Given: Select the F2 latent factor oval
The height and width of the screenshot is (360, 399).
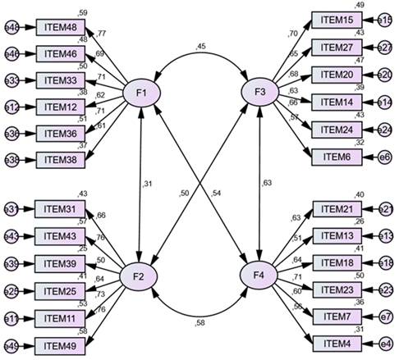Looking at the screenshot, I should coord(140,276).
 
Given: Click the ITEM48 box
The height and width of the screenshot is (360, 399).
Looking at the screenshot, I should coord(61,29).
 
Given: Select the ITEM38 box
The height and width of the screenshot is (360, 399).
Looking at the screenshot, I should coord(61,160).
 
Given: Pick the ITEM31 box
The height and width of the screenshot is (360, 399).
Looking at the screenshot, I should coord(61,210).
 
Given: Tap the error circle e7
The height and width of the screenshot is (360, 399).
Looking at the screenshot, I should coord(385,316).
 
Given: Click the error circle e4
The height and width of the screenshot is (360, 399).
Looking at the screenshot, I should coord(385,342).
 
